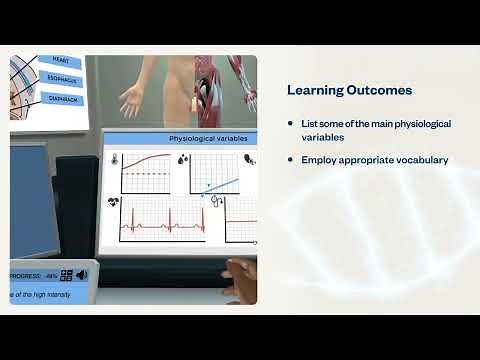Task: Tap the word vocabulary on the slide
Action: pos(421,160)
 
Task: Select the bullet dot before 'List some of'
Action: pos(290,124)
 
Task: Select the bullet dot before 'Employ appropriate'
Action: pos(290,160)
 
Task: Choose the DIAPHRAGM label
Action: pos(61,100)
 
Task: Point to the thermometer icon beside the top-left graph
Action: pos(115,158)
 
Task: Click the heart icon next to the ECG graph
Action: pos(113,203)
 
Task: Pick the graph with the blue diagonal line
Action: pos(213,174)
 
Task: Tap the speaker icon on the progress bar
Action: pos(81,275)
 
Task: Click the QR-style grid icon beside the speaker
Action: pos(66,275)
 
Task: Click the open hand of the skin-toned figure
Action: pos(131,101)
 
